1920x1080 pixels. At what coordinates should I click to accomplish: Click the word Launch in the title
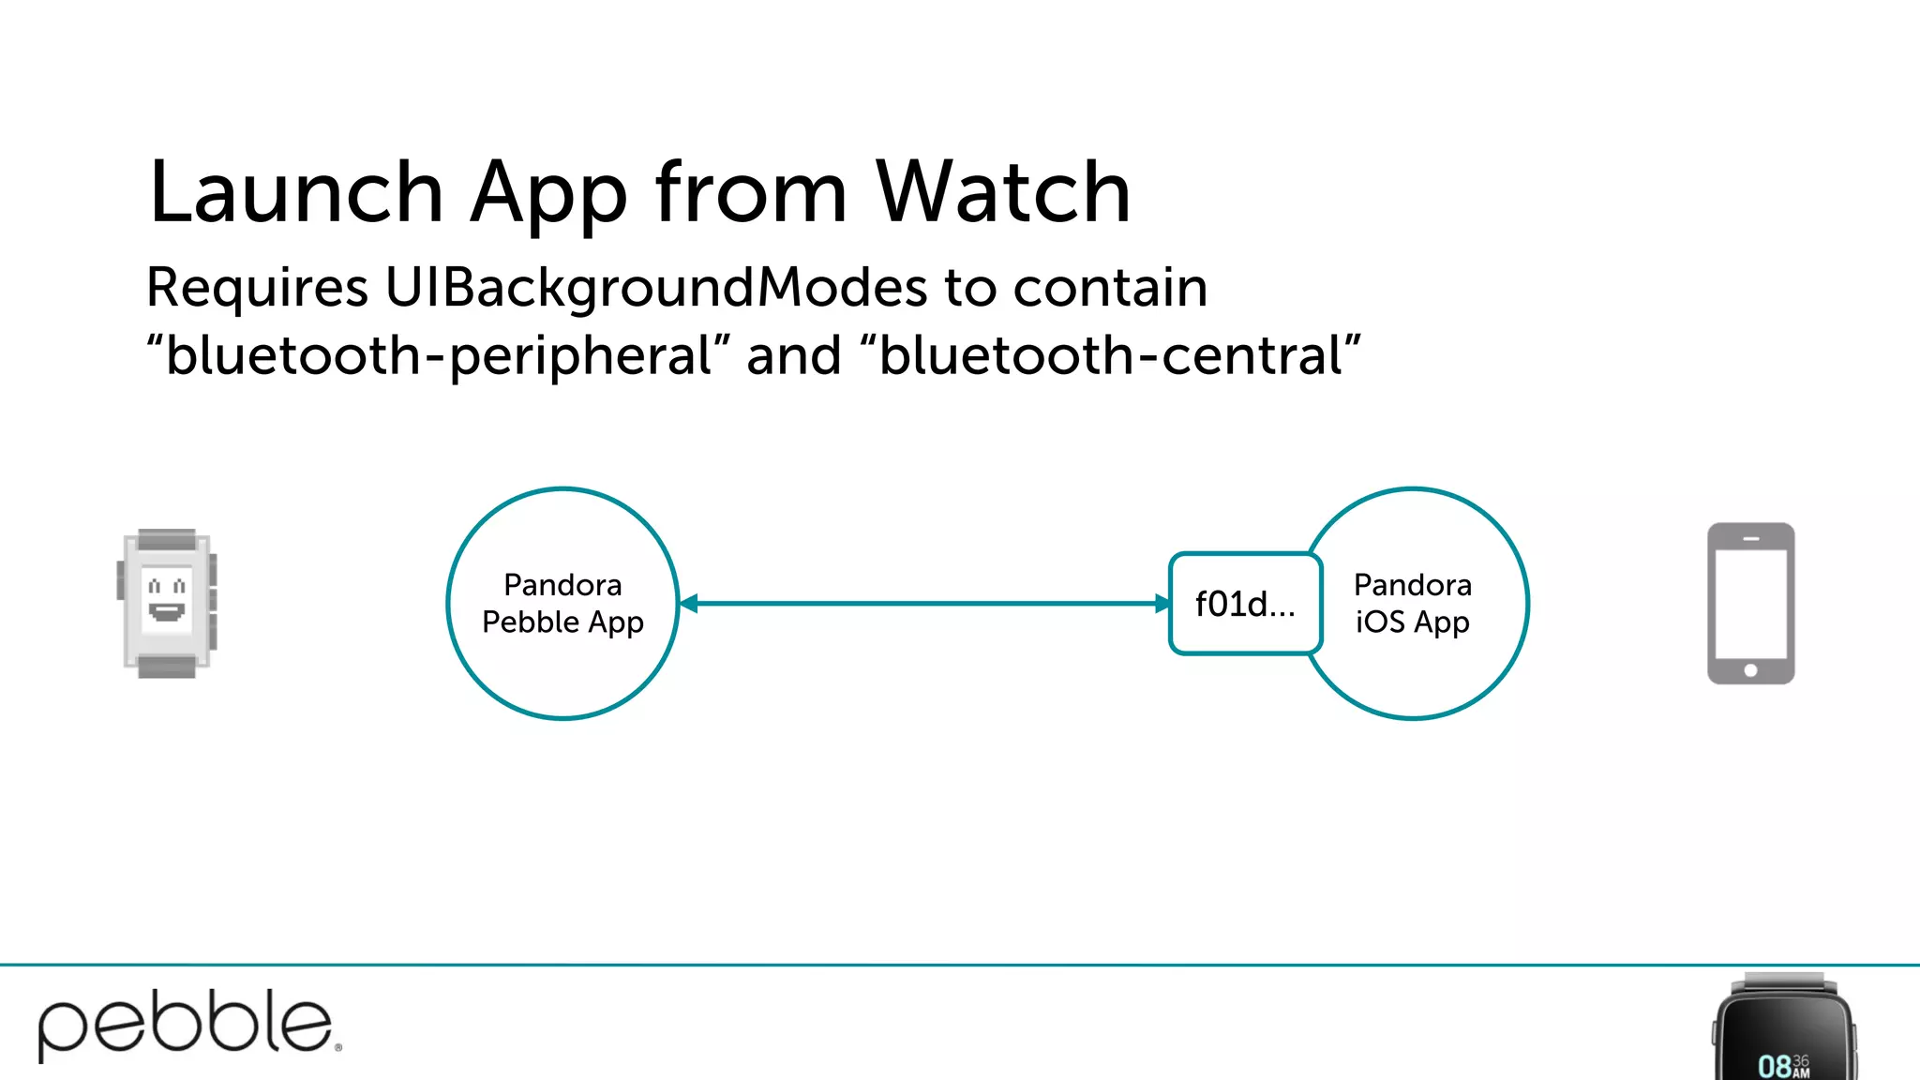(x=295, y=192)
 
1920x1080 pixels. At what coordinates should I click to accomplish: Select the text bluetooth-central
(x=1111, y=356)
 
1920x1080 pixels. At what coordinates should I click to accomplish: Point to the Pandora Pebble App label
(x=562, y=604)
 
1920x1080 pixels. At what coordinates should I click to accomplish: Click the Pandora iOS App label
(x=1413, y=604)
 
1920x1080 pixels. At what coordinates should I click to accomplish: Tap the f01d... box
(x=1245, y=604)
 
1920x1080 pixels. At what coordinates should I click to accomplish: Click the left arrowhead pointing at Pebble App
(x=690, y=604)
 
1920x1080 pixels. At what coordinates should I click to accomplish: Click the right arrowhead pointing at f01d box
(x=1162, y=604)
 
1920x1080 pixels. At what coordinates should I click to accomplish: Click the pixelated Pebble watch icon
(x=167, y=603)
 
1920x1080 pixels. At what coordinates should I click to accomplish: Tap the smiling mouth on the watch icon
(x=167, y=612)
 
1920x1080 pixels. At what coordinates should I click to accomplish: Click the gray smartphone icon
(x=1750, y=603)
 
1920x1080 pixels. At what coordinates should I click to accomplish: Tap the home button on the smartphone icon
(x=1750, y=670)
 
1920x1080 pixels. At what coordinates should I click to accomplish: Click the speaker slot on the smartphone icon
(x=1750, y=539)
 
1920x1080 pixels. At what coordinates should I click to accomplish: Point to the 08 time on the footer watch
(x=1775, y=1066)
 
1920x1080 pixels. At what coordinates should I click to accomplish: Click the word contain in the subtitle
(x=1110, y=287)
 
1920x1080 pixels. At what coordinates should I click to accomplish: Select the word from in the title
(x=751, y=192)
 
